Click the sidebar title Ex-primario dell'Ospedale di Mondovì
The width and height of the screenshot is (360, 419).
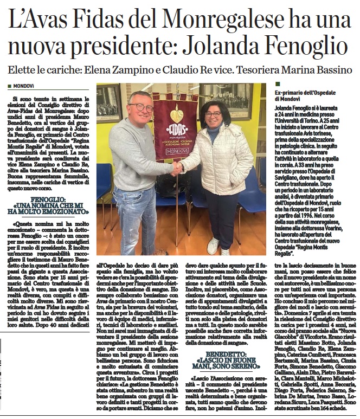[x=304, y=96]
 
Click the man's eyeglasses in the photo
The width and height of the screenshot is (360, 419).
[x=142, y=107]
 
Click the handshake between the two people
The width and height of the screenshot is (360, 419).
[x=177, y=169]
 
